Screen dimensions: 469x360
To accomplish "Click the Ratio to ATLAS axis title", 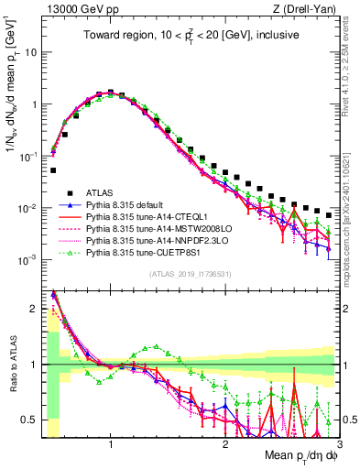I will (x=11, y=363).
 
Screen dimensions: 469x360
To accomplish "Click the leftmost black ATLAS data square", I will (x=54, y=170).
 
